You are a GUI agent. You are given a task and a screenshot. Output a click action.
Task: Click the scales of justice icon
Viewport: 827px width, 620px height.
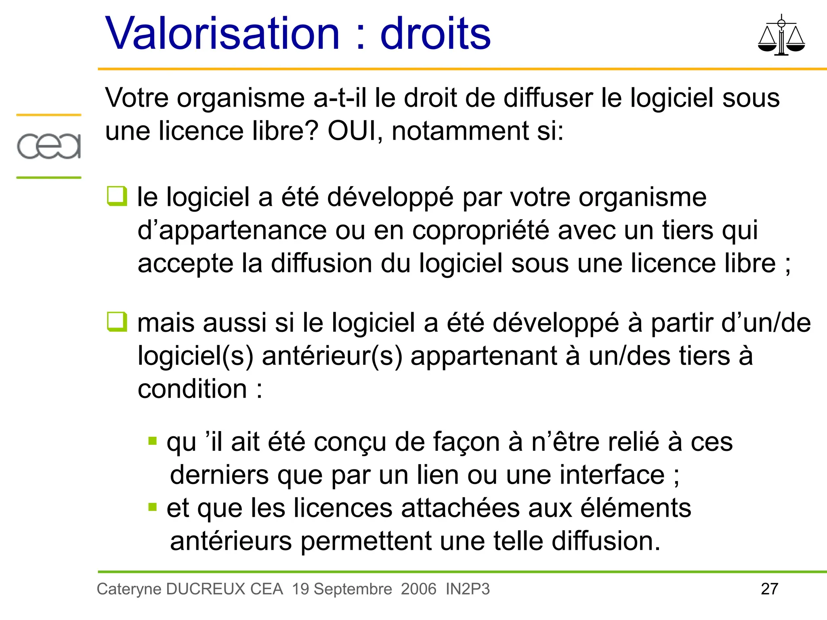pos(781,36)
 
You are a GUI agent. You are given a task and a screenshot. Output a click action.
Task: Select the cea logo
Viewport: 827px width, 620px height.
pos(49,146)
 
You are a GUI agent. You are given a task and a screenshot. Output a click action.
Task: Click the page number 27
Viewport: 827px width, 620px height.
pos(769,589)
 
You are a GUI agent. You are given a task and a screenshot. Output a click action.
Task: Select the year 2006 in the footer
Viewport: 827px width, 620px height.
pos(419,589)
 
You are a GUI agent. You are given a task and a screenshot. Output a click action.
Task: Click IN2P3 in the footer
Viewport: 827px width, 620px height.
pos(468,589)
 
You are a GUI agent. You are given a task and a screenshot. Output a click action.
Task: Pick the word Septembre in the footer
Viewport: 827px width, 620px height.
pos(353,589)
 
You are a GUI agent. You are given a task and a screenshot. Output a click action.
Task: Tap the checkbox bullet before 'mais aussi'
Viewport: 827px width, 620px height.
pos(117,322)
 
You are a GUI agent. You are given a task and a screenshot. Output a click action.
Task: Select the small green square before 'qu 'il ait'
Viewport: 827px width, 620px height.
pos(153,440)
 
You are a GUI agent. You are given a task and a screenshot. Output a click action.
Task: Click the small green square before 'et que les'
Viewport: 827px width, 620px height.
pos(153,507)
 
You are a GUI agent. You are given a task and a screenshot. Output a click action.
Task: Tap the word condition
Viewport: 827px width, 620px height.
pos(192,389)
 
